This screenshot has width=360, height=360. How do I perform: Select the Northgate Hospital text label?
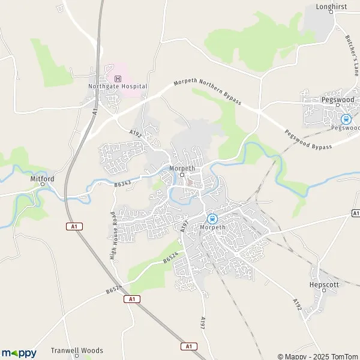pos(118,86)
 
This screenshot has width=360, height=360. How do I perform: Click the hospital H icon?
pos(118,79)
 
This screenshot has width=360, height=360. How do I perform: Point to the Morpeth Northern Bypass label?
pos(207,92)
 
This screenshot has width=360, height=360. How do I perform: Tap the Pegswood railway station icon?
pos(346,118)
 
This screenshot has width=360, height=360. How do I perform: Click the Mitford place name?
pos(43,178)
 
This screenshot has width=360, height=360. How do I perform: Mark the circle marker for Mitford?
pos(43,185)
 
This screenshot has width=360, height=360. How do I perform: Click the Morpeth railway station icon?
pos(212,218)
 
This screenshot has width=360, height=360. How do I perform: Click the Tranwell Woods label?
pos(77,350)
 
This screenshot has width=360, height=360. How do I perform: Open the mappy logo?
pos(19,353)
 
